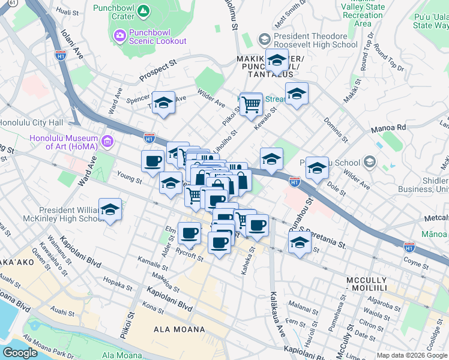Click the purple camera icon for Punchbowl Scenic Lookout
[x=120, y=36]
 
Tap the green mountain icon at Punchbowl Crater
[x=143, y=11]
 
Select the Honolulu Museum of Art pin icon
[x=108, y=142]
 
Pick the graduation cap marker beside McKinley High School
[x=110, y=211]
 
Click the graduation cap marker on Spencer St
[x=163, y=103]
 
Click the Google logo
[x=20, y=352]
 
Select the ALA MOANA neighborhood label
[x=179, y=329]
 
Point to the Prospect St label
[x=158, y=70]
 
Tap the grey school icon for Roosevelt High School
[x=264, y=40]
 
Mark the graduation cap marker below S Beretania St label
[x=298, y=243]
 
